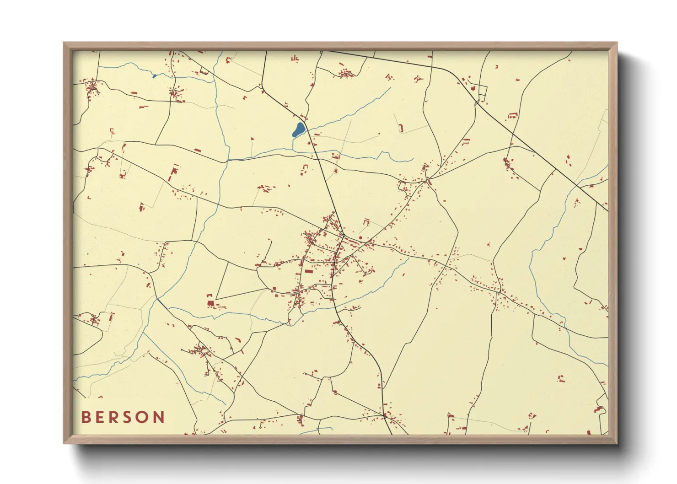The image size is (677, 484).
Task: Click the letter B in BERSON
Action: click(x=86, y=417)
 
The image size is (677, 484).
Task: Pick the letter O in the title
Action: click(x=143, y=417)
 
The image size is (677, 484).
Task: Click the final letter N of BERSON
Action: click(x=159, y=417)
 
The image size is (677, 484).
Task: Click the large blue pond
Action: click(x=298, y=130)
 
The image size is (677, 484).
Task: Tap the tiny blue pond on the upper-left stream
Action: click(x=154, y=76)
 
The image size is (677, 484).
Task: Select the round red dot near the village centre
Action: click(x=360, y=238)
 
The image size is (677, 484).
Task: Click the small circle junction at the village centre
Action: click(x=343, y=236)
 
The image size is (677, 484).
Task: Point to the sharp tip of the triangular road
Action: click(x=216, y=299)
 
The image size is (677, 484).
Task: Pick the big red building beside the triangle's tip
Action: click(x=210, y=302)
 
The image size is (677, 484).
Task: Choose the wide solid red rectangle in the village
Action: click(x=309, y=271)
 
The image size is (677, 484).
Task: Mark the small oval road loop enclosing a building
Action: click(x=336, y=172)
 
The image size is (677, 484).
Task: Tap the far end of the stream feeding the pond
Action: click(x=391, y=88)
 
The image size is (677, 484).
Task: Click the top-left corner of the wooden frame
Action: click(x=64, y=43)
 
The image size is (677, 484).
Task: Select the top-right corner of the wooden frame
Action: click(x=617, y=43)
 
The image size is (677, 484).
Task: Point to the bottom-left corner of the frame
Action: click(x=64, y=443)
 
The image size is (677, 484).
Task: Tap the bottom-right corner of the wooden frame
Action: click(x=617, y=443)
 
